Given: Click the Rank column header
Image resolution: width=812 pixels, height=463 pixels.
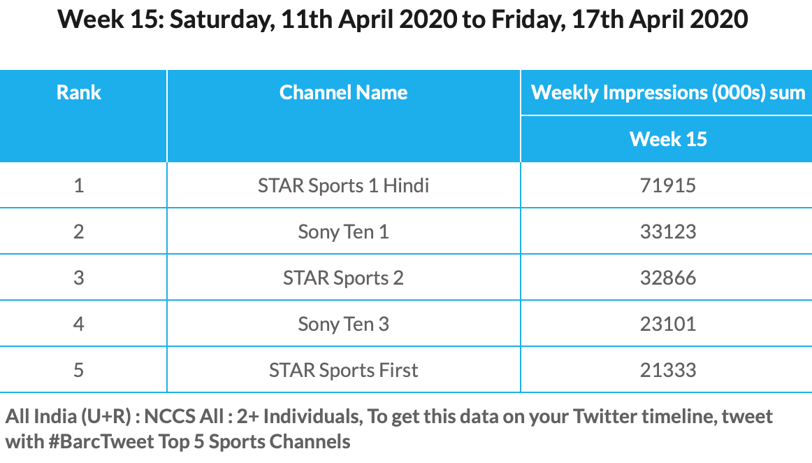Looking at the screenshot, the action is click(x=79, y=93).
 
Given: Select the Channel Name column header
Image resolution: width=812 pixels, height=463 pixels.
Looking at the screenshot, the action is click(x=343, y=93).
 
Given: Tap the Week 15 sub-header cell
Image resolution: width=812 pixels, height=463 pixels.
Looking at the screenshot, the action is click(x=668, y=139).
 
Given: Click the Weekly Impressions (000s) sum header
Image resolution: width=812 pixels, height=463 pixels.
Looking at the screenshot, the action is click(x=668, y=93).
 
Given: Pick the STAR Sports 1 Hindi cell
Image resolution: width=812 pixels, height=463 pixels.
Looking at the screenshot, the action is click(x=343, y=185).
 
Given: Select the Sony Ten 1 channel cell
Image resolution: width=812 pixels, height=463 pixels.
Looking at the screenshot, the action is click(x=343, y=231).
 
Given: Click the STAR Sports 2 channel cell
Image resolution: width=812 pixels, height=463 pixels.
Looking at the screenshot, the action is click(x=343, y=278).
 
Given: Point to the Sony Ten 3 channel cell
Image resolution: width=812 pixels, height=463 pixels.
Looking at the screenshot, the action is click(x=343, y=324).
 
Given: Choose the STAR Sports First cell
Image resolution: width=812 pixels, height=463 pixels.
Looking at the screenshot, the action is click(x=343, y=370).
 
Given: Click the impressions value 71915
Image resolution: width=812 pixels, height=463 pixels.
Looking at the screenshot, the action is click(x=668, y=185).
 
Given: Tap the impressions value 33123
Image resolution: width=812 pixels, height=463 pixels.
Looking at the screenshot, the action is click(x=668, y=231).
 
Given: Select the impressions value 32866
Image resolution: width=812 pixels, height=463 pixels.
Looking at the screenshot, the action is click(x=668, y=278).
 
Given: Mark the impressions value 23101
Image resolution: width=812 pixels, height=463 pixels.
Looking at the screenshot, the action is click(x=668, y=324).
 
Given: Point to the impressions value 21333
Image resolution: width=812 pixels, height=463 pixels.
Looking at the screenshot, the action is click(x=668, y=370).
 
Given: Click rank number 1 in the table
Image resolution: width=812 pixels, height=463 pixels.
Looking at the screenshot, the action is click(x=79, y=185).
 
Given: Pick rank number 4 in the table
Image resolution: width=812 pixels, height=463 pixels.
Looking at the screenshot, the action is click(x=79, y=324).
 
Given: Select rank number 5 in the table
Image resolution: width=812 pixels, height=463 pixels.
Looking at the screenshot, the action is click(x=79, y=370).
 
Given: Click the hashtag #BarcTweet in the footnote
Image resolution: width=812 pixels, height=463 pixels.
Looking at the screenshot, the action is click(x=101, y=442).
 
